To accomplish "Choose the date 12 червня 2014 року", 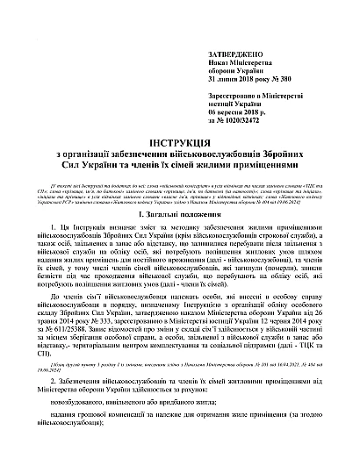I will click(x=299, y=320).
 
